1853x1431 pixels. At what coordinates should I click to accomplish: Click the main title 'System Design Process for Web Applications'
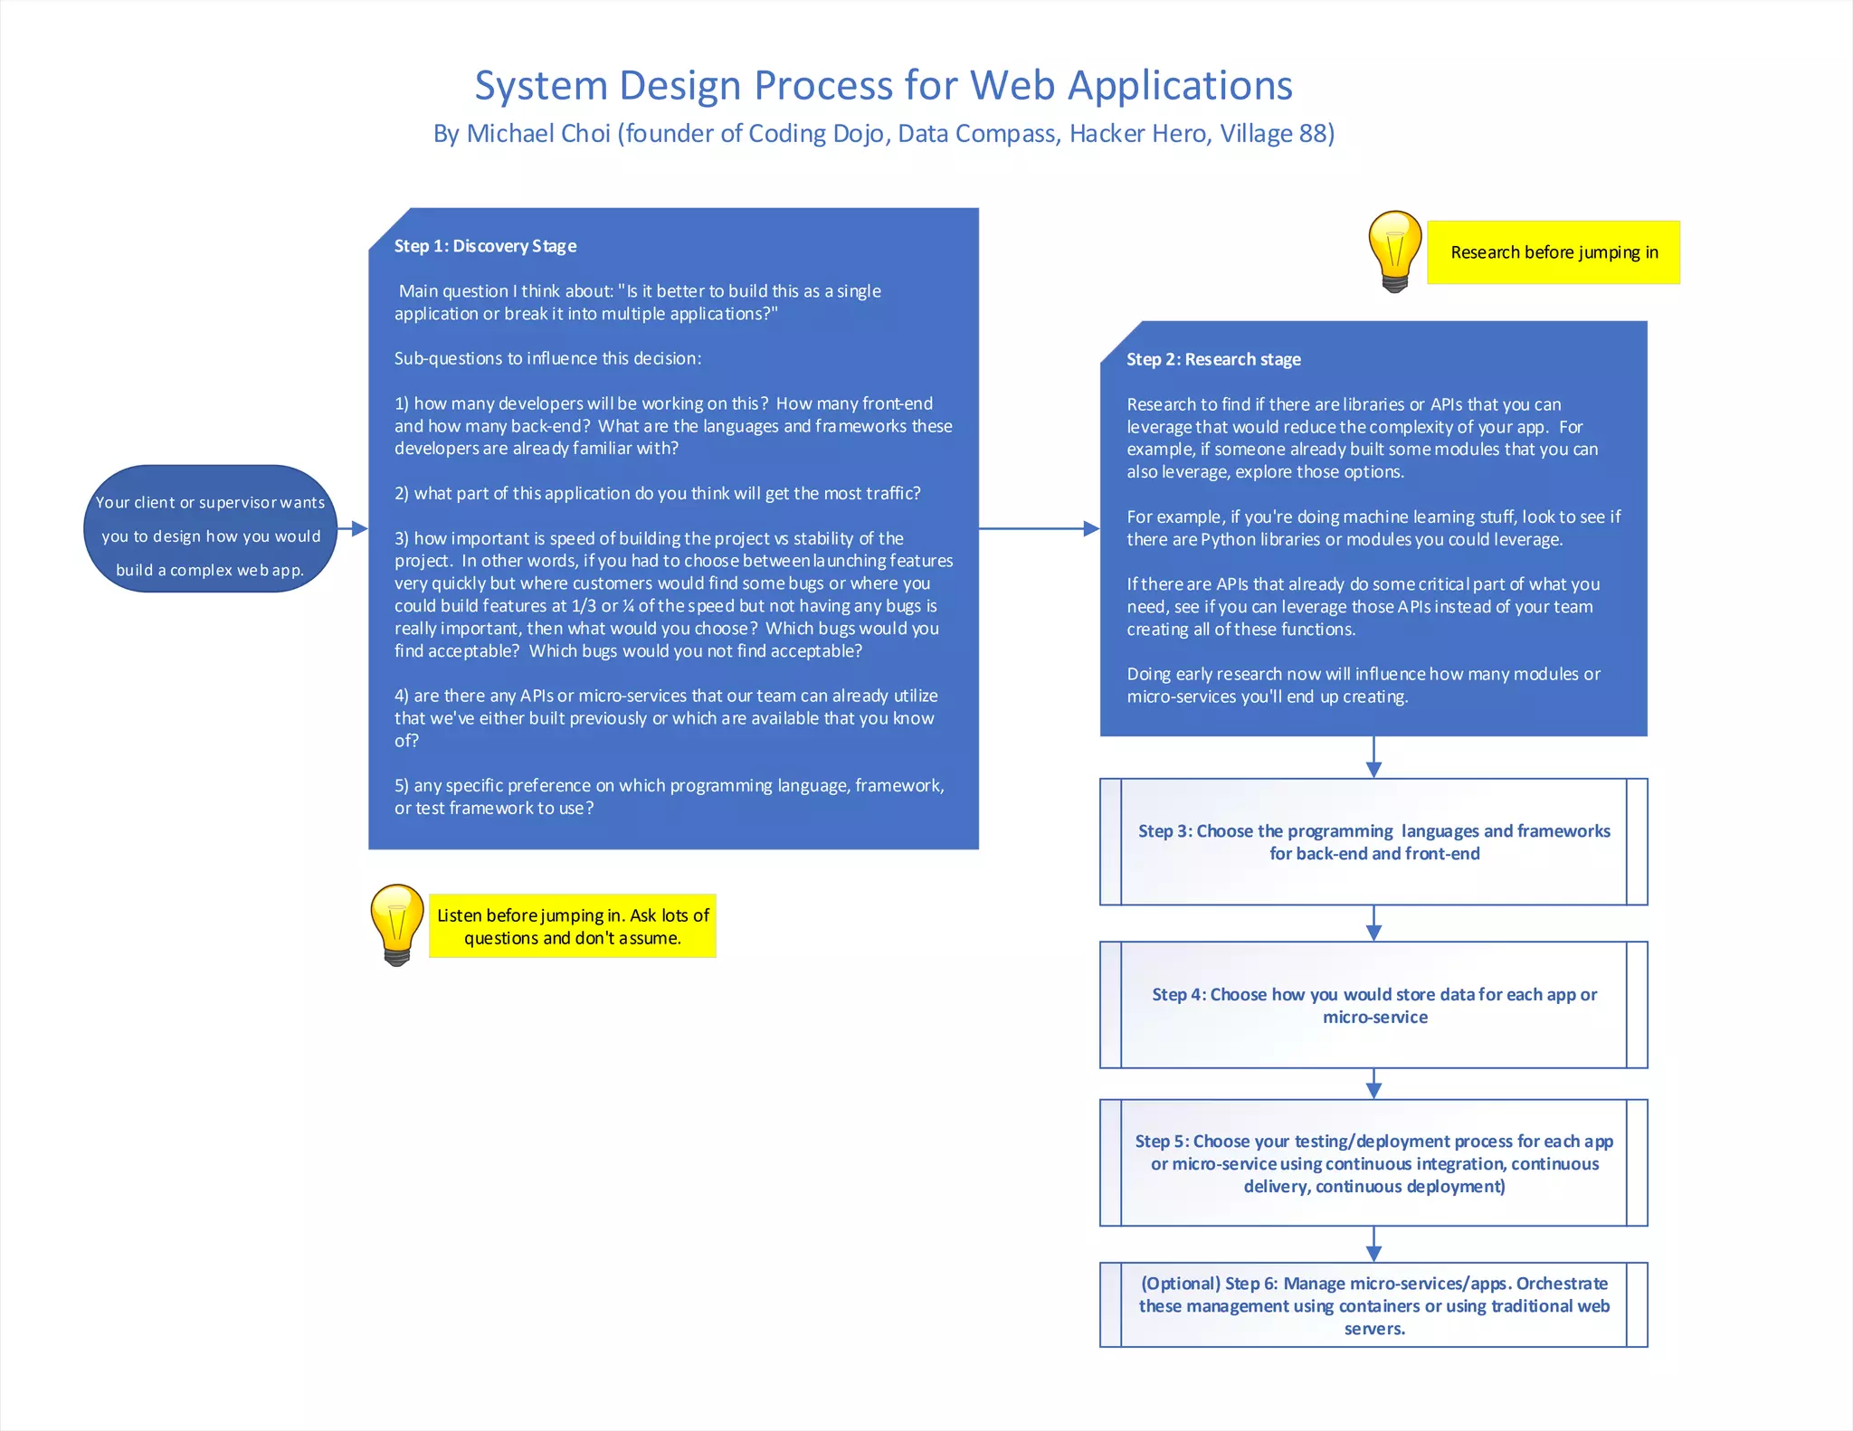(883, 86)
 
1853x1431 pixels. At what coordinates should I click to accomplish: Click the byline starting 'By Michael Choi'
(883, 134)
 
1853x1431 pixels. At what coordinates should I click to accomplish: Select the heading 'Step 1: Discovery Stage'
(485, 246)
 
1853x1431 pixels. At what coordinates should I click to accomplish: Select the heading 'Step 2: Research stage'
(1213, 359)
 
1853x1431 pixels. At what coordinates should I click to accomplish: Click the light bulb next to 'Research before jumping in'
(1394, 251)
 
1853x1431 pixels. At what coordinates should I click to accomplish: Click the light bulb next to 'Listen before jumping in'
(396, 924)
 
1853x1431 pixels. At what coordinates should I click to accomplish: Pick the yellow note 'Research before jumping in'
(1554, 252)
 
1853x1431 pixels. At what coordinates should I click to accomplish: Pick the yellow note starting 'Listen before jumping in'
(572, 926)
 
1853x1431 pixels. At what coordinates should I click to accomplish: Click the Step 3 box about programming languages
(1373, 842)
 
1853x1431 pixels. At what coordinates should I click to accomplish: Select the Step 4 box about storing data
(1373, 1005)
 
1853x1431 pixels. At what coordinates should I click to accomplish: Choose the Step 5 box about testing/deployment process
(1373, 1163)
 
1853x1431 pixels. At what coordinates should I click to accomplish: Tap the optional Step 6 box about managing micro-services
(1373, 1305)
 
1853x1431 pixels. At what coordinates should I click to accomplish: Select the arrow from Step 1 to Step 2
(1039, 528)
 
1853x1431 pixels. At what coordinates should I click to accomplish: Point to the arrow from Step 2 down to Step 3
(1373, 758)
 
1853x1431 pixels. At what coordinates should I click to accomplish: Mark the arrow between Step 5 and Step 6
(1373, 1245)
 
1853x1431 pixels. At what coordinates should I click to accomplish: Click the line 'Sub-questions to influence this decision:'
(547, 358)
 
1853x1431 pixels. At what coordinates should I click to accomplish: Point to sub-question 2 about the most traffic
(657, 493)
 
